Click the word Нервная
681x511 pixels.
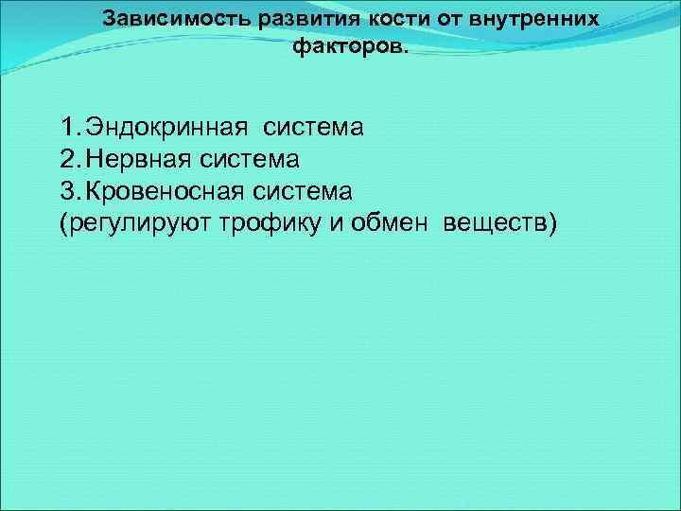click(140, 159)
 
